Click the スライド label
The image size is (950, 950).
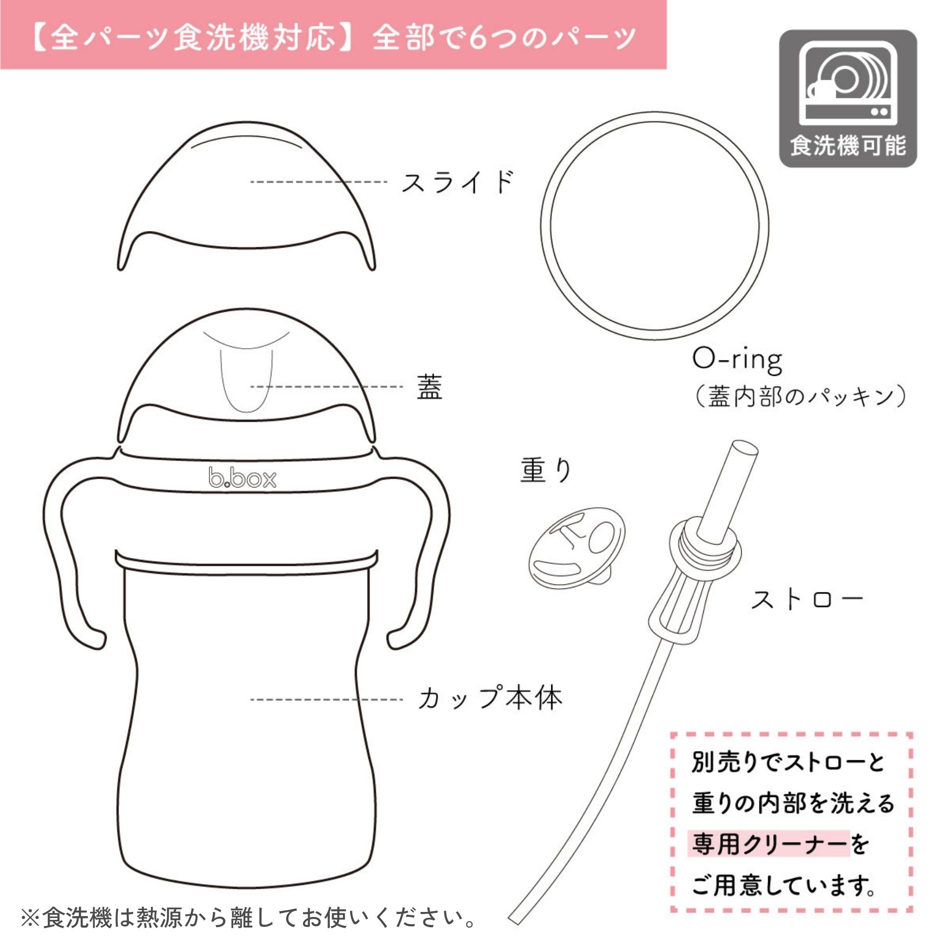[x=457, y=181]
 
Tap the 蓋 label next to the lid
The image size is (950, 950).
[x=429, y=387]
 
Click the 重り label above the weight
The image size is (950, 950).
[x=546, y=469]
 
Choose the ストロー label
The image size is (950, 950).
[x=806, y=600]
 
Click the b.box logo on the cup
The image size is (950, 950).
[x=243, y=478]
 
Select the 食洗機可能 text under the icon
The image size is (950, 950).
[x=848, y=146]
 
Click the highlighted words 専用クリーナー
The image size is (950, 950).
[x=770, y=844]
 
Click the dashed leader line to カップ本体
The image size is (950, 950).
[x=327, y=699]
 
